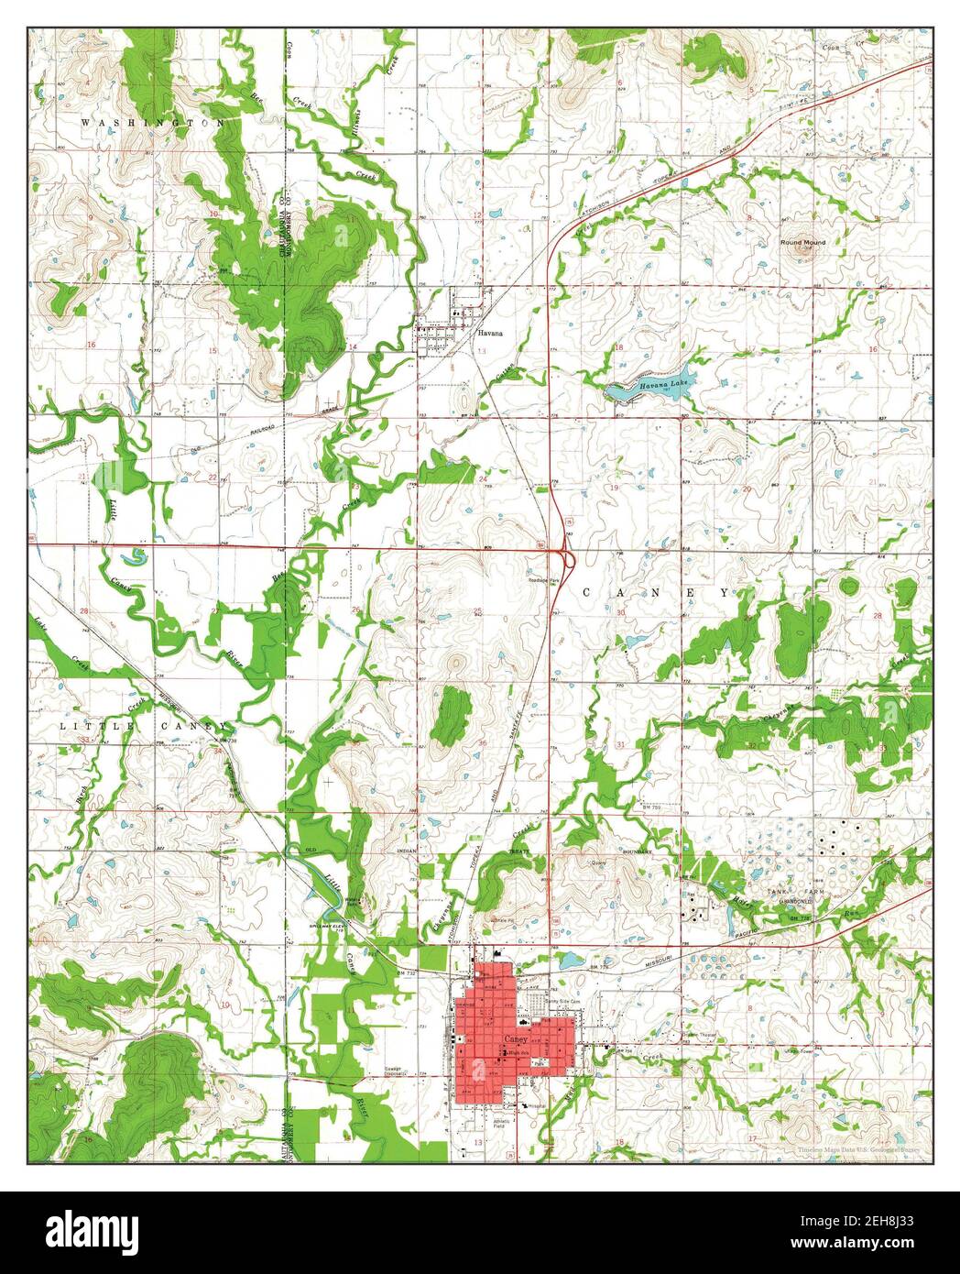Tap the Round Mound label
(802, 242)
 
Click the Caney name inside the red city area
(516, 1038)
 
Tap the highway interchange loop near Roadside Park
(567, 555)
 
